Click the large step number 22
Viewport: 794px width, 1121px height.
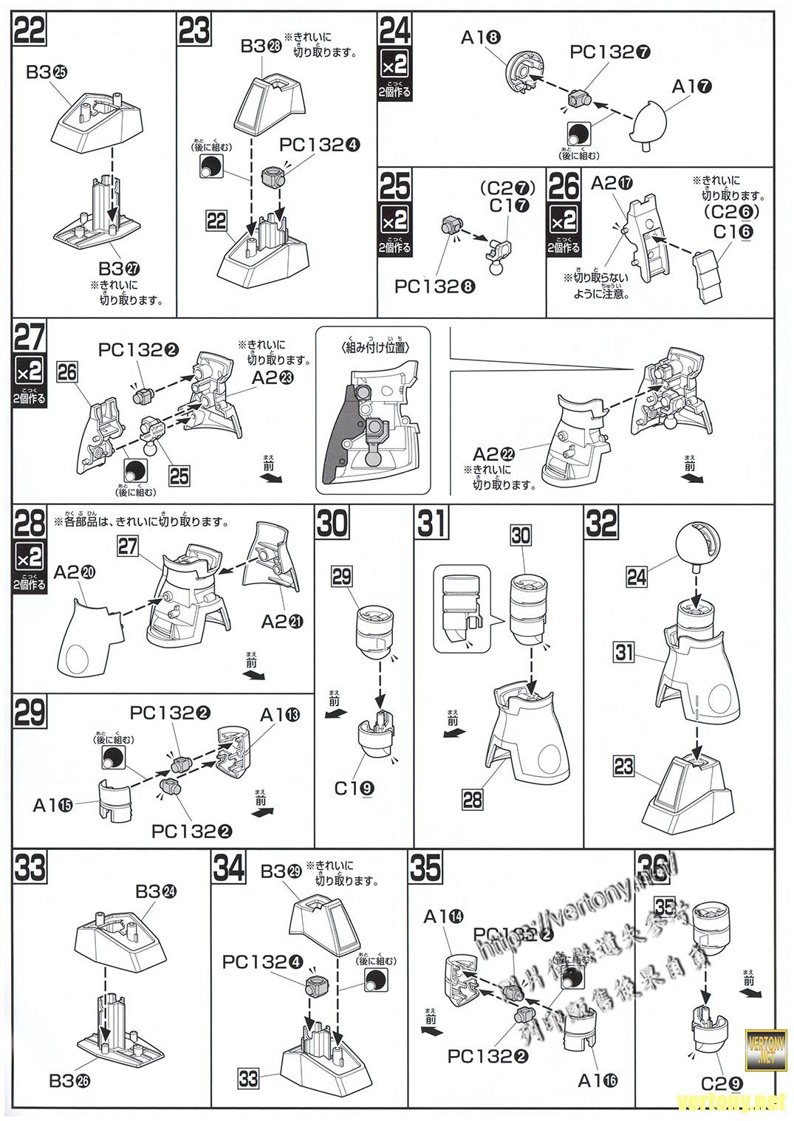30,30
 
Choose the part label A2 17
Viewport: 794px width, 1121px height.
609,182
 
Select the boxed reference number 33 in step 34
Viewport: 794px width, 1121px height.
248,1078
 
